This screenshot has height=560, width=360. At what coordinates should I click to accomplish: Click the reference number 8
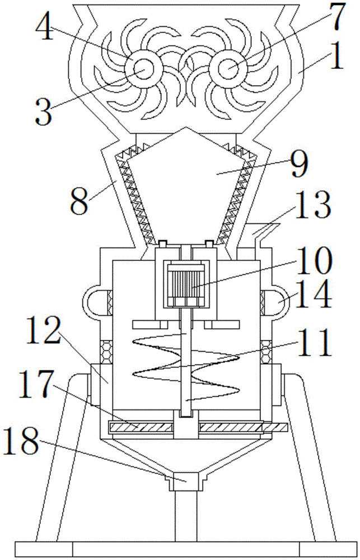pyautogui.click(x=80, y=200)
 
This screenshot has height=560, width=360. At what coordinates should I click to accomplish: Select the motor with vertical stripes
pyautogui.click(x=187, y=284)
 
